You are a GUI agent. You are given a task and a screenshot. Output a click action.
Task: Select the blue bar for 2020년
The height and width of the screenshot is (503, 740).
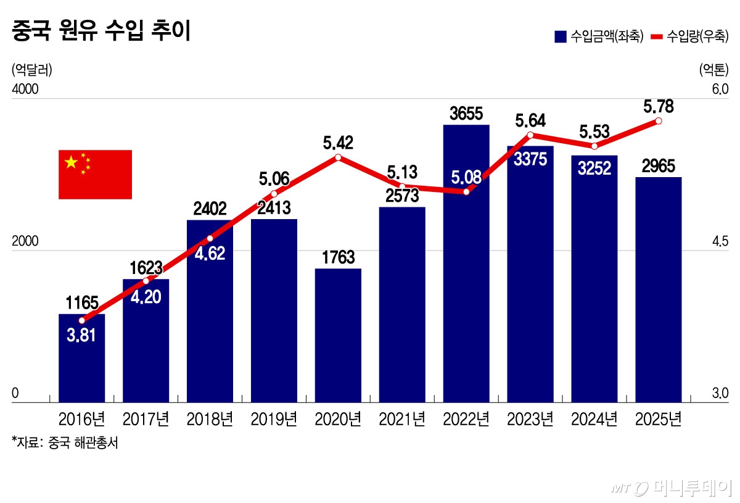pyautogui.click(x=338, y=336)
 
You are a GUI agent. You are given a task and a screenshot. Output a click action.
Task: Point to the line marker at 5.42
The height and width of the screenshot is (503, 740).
pyautogui.click(x=338, y=157)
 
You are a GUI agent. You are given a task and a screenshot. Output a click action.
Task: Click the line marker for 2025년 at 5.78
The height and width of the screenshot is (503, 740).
pyautogui.click(x=659, y=121)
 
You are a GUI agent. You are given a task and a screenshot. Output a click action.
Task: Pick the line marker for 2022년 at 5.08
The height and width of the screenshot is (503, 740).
pyautogui.click(x=466, y=192)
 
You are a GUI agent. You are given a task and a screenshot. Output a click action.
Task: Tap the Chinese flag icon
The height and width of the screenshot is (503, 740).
pyautogui.click(x=95, y=175)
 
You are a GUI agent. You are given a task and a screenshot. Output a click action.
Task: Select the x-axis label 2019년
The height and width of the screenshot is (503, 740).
pyautogui.click(x=274, y=420)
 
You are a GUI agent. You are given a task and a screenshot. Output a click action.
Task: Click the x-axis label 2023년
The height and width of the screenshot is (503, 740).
pyautogui.click(x=530, y=420)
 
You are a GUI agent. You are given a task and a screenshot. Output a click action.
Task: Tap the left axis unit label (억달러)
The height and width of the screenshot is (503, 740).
pyautogui.click(x=31, y=69)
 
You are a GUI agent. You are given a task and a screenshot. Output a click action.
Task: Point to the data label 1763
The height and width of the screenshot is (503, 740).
pyautogui.click(x=338, y=257)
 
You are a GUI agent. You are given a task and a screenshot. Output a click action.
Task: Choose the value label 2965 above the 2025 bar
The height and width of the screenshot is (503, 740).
pyautogui.click(x=658, y=166)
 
